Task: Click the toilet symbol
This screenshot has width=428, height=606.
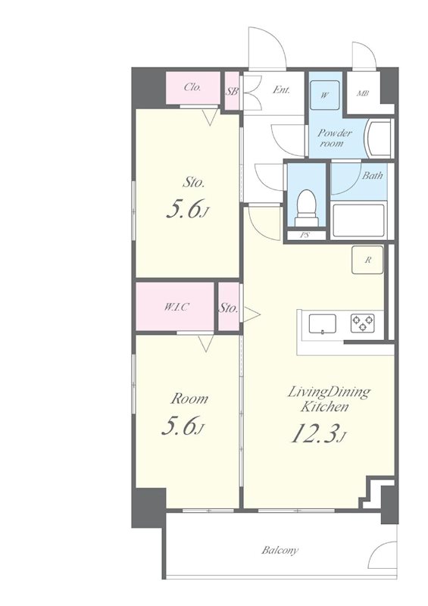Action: [307, 208]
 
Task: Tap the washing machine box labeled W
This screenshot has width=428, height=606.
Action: [325, 95]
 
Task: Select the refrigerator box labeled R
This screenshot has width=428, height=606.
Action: [367, 260]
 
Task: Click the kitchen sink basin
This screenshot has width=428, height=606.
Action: [322, 324]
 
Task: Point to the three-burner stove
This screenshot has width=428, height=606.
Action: [363, 323]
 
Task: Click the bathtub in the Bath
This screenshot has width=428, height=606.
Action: [359, 220]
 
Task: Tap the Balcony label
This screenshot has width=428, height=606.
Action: [280, 551]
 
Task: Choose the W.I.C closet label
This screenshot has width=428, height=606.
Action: [177, 308]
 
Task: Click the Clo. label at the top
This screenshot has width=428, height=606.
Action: [192, 87]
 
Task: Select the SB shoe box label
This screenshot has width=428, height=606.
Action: [232, 92]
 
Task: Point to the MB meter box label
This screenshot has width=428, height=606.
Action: [363, 93]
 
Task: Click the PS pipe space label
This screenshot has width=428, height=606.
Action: [305, 235]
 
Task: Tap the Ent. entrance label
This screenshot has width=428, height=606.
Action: [282, 90]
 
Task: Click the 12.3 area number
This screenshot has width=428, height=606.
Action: [314, 433]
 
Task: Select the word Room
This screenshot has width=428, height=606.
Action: [189, 398]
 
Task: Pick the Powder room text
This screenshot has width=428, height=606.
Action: [335, 139]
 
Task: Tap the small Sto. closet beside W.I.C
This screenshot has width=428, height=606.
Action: [229, 307]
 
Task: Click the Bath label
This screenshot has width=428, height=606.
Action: [373, 176]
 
